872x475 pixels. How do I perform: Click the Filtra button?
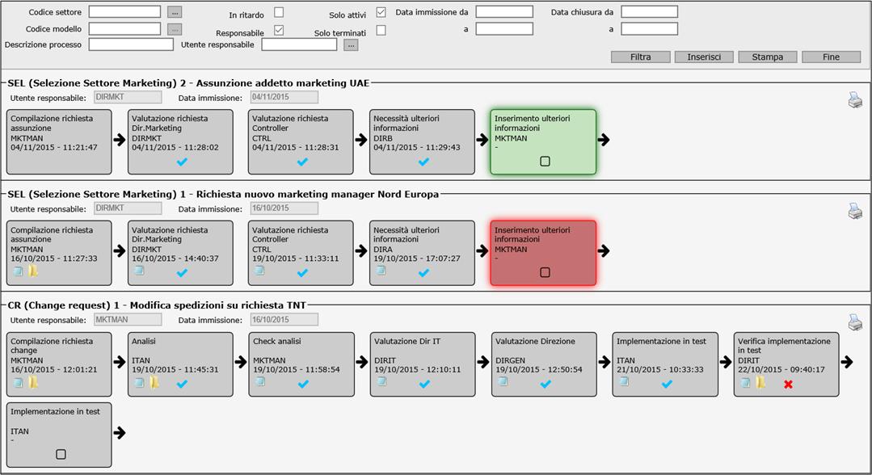(x=640, y=57)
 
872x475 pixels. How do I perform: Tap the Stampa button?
(x=768, y=57)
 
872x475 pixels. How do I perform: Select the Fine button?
(x=831, y=57)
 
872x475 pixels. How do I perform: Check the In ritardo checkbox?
(x=279, y=12)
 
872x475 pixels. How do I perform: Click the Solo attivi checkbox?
(x=381, y=12)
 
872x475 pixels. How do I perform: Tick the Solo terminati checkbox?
(x=381, y=30)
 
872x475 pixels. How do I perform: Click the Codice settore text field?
(x=124, y=11)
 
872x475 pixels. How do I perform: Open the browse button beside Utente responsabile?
(x=351, y=45)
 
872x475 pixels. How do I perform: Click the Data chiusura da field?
(x=649, y=11)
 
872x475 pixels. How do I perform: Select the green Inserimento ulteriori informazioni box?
(x=543, y=142)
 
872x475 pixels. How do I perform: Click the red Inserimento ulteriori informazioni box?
(x=543, y=253)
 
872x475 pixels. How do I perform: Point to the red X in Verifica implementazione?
(x=788, y=385)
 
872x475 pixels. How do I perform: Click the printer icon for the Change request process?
(x=855, y=322)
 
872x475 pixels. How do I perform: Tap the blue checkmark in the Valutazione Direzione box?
(x=546, y=384)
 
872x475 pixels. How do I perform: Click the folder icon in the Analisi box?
(x=154, y=383)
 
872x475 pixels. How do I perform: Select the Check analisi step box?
(x=301, y=364)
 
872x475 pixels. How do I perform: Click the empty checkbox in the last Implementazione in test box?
(x=61, y=455)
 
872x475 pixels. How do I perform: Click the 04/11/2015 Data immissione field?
(x=284, y=97)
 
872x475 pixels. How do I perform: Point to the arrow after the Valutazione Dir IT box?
(x=482, y=362)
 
